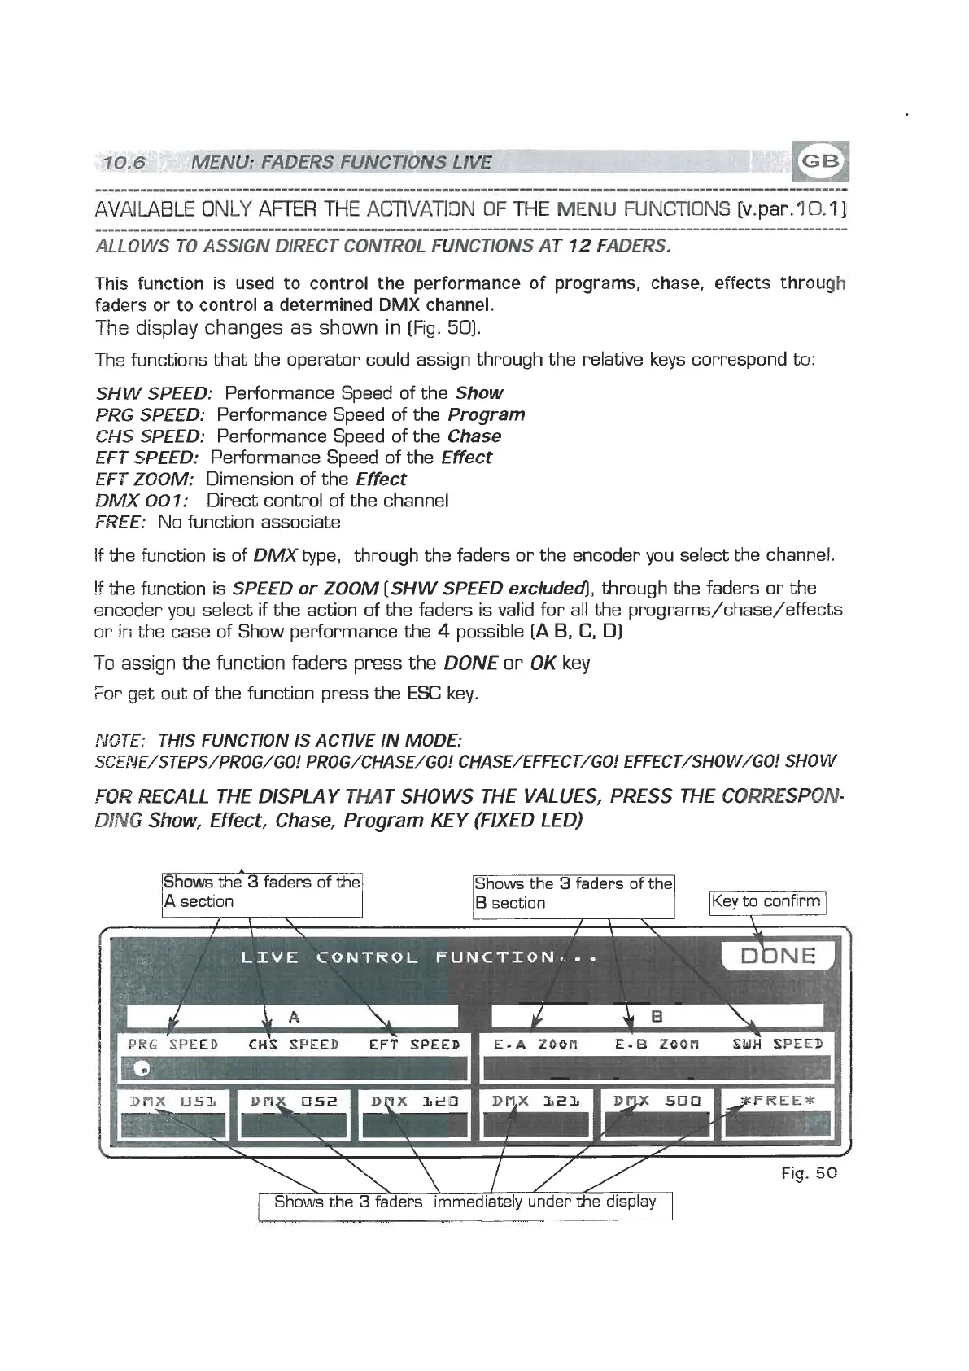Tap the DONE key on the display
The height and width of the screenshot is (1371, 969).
tap(777, 955)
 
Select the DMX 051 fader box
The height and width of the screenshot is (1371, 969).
tap(172, 1114)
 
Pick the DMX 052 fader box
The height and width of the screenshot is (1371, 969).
tap(293, 1114)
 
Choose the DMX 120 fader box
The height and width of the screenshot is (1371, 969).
tap(414, 1114)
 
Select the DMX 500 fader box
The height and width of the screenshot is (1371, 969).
tap(657, 1114)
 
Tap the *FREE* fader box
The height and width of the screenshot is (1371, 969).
tap(777, 1114)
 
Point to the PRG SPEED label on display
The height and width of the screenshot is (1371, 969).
tap(172, 1044)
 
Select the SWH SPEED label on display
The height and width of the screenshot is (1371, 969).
tap(778, 1044)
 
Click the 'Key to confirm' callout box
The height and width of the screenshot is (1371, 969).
tap(767, 902)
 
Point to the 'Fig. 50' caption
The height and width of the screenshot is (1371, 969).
tap(809, 1173)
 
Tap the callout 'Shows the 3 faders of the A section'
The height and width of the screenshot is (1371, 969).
tap(261, 892)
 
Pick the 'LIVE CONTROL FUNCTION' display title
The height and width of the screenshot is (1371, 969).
tap(419, 957)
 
